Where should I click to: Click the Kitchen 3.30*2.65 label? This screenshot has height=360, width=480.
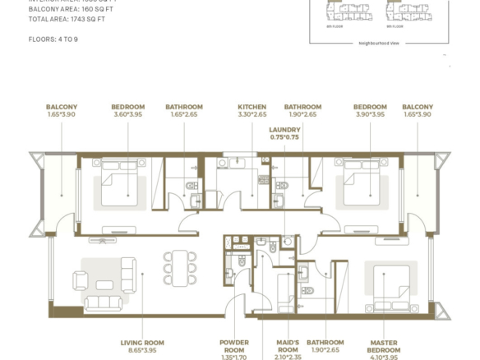(x=252, y=111)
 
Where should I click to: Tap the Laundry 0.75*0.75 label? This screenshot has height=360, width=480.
(x=284, y=134)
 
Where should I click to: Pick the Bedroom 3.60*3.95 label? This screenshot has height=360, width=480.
(x=127, y=111)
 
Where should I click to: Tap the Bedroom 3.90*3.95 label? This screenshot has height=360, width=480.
(x=369, y=111)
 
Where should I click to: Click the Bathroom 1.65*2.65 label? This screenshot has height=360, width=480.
(x=184, y=111)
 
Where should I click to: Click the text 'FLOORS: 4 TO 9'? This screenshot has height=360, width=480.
(x=55, y=39)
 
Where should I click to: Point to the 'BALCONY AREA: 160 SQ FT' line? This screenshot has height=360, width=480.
(x=71, y=9)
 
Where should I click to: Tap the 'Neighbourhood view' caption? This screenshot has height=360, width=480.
(x=378, y=43)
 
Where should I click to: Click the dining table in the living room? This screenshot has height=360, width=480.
(x=180, y=267)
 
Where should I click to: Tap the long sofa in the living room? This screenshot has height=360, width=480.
(x=102, y=302)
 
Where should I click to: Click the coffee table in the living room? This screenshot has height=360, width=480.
(x=104, y=284)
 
